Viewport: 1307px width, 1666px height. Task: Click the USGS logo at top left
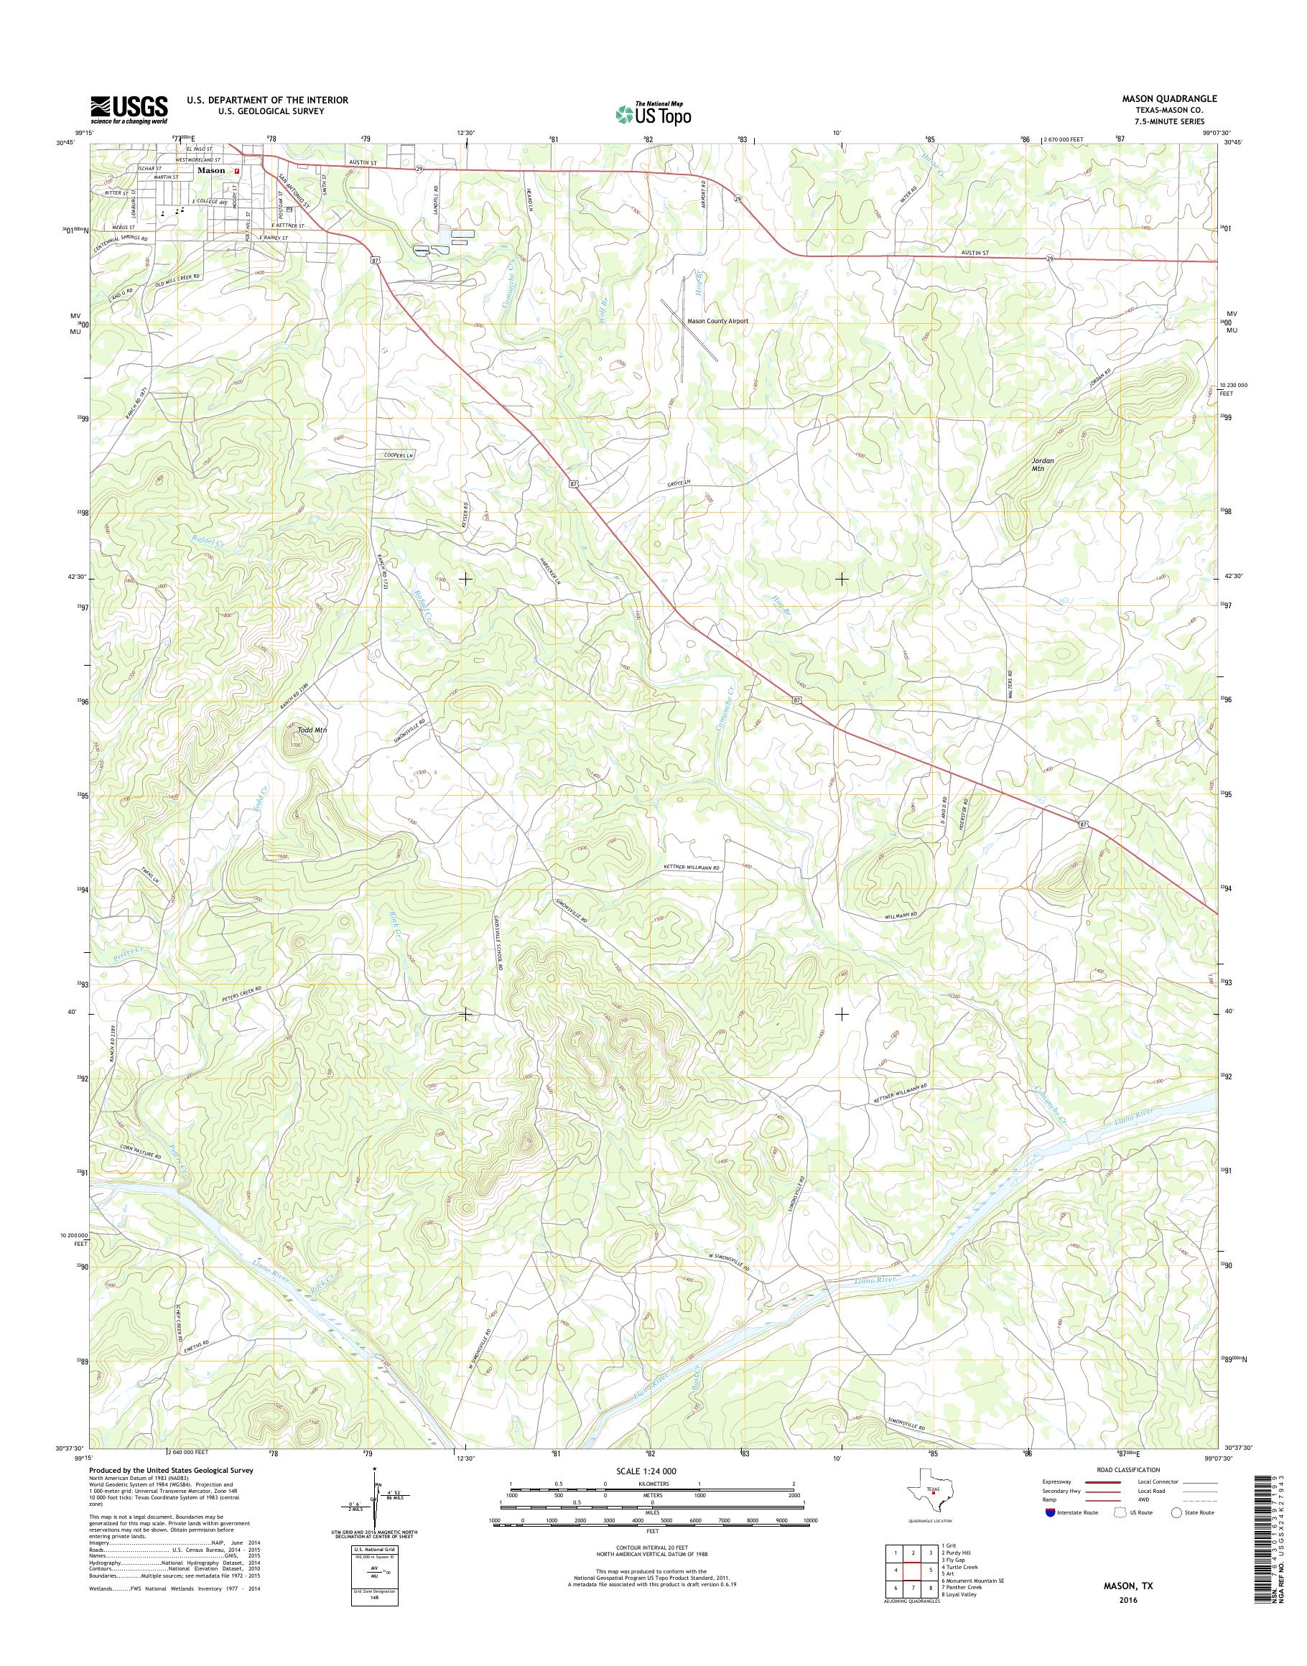129,110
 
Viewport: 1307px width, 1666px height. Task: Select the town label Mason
211,171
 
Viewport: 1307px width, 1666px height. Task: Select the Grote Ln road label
676,482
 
